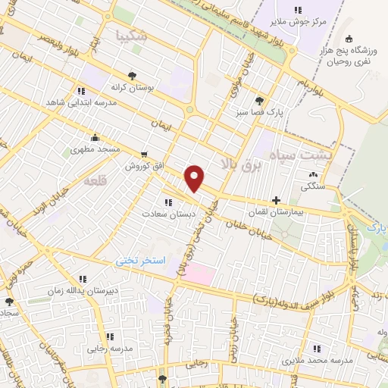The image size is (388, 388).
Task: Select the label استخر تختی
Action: [x=140, y=260]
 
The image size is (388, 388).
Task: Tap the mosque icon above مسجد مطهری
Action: [x=95, y=138]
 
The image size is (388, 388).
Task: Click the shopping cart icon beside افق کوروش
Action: [x=144, y=154]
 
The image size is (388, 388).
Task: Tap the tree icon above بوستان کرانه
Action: [x=133, y=75]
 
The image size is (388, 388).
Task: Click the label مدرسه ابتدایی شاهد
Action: [x=80, y=101]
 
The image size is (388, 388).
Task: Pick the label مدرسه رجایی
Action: [x=108, y=348]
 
